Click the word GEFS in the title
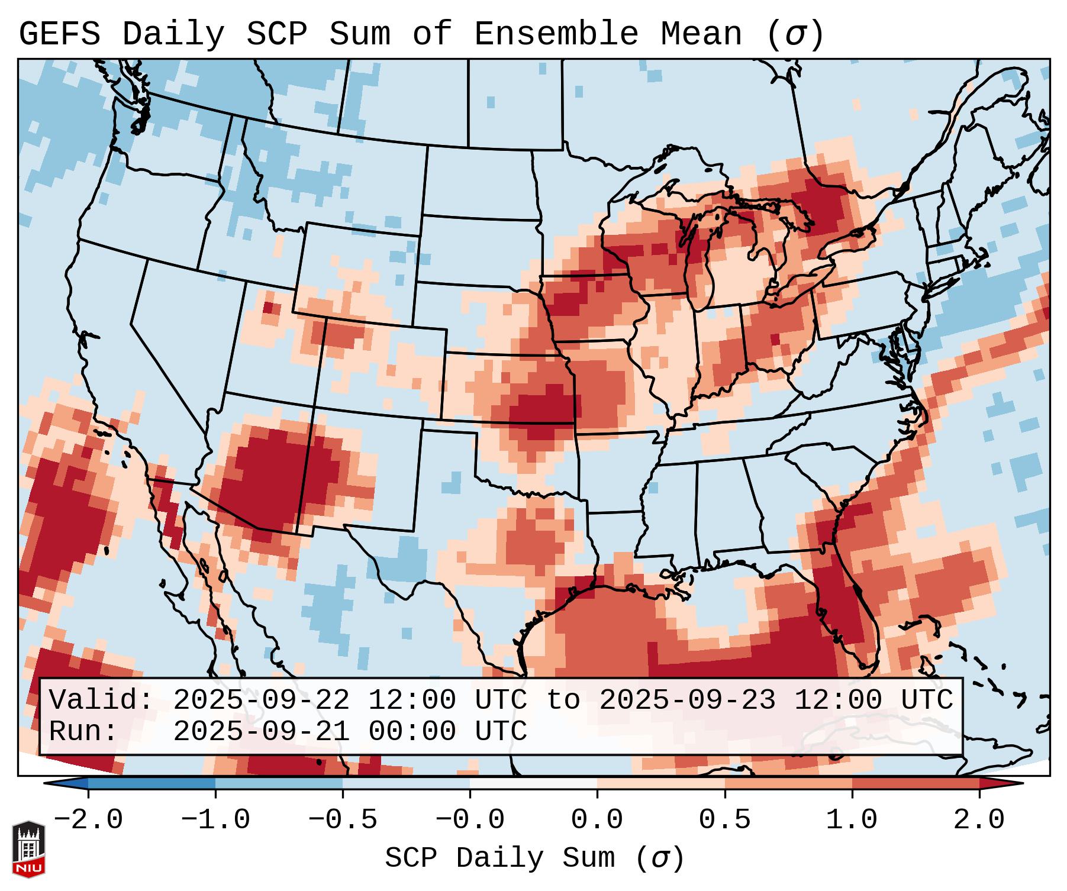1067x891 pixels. point(59,34)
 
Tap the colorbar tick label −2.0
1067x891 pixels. point(88,820)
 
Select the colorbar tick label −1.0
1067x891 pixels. point(215,820)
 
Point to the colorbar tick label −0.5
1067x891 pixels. point(343,820)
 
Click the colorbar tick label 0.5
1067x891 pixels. point(724,820)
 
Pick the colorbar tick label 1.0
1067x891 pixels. point(852,820)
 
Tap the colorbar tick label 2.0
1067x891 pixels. point(979,820)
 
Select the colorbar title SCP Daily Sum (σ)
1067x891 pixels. point(534,858)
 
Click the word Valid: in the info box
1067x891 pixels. point(101,700)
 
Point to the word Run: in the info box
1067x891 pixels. point(83,731)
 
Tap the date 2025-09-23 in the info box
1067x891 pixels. point(687,700)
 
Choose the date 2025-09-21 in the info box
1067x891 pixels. point(261,731)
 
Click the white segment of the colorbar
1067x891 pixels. point(533,783)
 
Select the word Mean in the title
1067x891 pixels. point(701,34)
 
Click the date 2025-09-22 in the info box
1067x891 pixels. point(261,700)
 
